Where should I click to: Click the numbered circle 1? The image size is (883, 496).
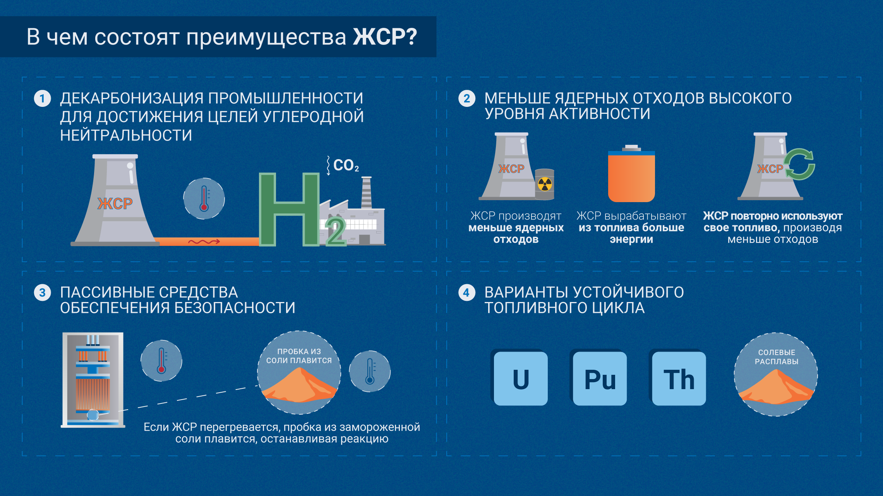pyautogui.click(x=42, y=99)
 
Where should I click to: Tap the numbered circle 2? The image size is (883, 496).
pyautogui.click(x=466, y=99)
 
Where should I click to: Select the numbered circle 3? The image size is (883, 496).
pyautogui.click(x=42, y=293)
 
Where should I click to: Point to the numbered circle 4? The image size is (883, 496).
pyautogui.click(x=466, y=293)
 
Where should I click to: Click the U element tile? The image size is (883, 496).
pyautogui.click(x=521, y=379)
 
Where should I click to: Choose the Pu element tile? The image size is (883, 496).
pyautogui.click(x=600, y=379)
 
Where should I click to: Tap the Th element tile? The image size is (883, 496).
pyautogui.click(x=679, y=379)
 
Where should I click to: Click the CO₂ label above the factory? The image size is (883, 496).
pyautogui.click(x=346, y=165)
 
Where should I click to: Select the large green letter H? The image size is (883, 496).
pyautogui.click(x=289, y=209)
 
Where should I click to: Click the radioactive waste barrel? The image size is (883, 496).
pyautogui.click(x=545, y=184)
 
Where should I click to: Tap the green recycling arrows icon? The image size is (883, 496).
pyautogui.click(x=800, y=165)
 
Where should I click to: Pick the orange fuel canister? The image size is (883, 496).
pyautogui.click(x=631, y=176)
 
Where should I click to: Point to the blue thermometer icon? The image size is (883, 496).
pyautogui.click(x=370, y=371)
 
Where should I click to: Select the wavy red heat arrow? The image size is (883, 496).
pyautogui.click(x=204, y=242)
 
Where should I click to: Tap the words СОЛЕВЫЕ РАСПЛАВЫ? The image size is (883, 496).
pyautogui.click(x=776, y=357)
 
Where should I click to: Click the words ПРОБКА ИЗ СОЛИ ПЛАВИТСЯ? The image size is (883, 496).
pyautogui.click(x=299, y=356)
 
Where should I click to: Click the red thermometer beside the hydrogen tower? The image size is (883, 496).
pyautogui.click(x=204, y=199)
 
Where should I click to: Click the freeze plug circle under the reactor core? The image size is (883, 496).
pyautogui.click(x=93, y=415)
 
